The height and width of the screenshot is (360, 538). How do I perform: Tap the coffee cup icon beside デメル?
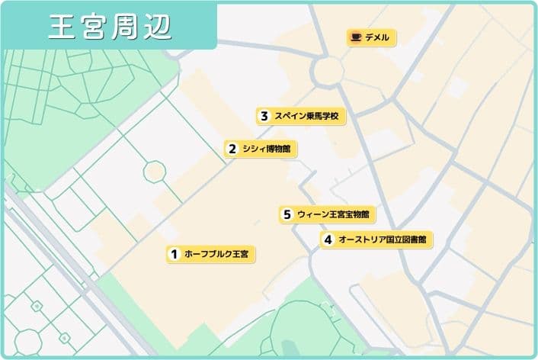point(355,37)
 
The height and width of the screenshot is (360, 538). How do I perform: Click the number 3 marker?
point(264,117)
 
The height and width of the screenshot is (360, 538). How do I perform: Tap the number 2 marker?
point(231,149)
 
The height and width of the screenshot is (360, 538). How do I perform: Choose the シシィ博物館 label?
point(266,149)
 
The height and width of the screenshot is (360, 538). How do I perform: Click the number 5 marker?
point(287,215)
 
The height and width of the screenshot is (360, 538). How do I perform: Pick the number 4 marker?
point(328,239)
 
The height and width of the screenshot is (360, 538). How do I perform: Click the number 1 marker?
point(174,254)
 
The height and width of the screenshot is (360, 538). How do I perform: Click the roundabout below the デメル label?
point(328,72)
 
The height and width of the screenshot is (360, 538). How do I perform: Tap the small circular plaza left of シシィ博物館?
point(155,172)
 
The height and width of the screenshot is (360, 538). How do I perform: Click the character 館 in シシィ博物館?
point(286,149)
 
